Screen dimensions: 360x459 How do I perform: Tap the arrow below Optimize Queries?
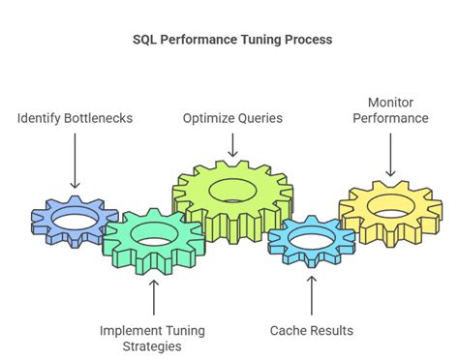[232, 143]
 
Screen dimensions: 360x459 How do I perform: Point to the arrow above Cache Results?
[311, 294]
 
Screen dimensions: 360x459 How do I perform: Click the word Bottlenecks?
[103, 118]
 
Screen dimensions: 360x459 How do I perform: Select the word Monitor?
[390, 102]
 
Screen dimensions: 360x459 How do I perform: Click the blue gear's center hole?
[73, 222]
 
